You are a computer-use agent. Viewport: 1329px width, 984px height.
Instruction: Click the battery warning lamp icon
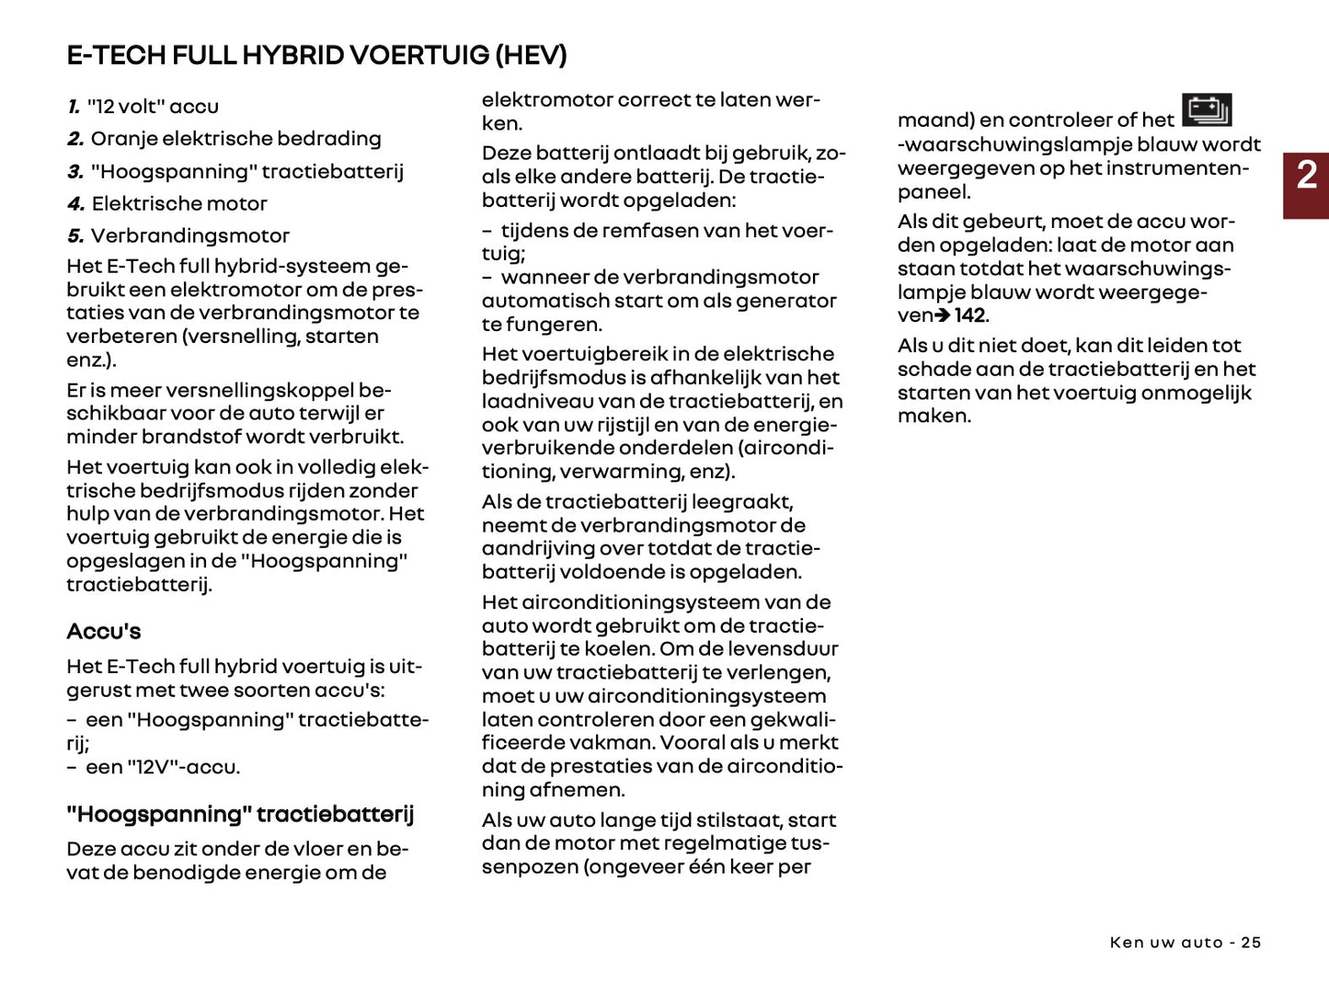pyautogui.click(x=1206, y=110)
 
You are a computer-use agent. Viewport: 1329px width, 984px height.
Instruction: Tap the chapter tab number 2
pyautogui.click(x=1306, y=175)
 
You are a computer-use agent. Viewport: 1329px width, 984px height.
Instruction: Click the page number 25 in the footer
pyautogui.click(x=1251, y=943)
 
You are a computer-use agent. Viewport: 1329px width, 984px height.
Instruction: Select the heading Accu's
pyautogui.click(x=104, y=632)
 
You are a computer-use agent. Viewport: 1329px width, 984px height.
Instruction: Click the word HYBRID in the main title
pyautogui.click(x=292, y=55)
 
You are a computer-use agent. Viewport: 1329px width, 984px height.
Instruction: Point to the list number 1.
pyautogui.click(x=74, y=108)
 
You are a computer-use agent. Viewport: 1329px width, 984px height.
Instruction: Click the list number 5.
pyautogui.click(x=75, y=236)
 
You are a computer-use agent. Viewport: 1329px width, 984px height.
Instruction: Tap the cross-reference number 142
pyautogui.click(x=969, y=316)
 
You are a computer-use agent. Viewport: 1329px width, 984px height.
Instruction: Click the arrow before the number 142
pyautogui.click(x=943, y=316)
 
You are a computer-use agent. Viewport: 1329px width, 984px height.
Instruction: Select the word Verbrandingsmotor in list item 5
pyautogui.click(x=190, y=236)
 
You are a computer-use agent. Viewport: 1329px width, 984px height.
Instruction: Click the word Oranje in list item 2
pyautogui.click(x=123, y=139)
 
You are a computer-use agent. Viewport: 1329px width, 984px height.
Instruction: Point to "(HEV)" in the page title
pyautogui.click(x=531, y=55)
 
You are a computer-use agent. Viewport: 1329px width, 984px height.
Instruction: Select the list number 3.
pyautogui.click(x=75, y=172)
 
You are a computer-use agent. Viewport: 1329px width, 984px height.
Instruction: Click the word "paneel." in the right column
pyautogui.click(x=934, y=192)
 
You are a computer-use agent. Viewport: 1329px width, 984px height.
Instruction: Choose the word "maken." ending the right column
pyautogui.click(x=934, y=416)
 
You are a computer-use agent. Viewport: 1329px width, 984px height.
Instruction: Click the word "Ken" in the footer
pyautogui.click(x=1127, y=943)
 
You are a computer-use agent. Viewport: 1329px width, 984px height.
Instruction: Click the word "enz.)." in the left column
pyautogui.click(x=91, y=360)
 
